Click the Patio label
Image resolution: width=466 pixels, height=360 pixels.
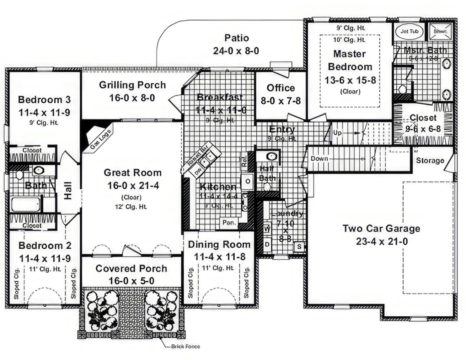pos(237,38)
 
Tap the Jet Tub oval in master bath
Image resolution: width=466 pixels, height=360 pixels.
pos(409,31)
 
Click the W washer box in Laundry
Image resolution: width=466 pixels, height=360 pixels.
pos(267,229)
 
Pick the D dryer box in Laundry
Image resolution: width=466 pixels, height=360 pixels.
pos(267,244)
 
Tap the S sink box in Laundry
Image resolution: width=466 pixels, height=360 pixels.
pos(299,246)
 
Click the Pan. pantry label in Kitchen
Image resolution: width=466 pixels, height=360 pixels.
pos(229,223)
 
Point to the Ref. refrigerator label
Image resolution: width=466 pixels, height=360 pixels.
pos(244,160)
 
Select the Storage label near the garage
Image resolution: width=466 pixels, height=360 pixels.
pos(430,161)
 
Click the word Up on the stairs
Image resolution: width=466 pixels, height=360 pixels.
pos(337,133)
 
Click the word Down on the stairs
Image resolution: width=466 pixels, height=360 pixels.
pos(319,159)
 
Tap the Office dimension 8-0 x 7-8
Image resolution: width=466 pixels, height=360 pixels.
pos(281,101)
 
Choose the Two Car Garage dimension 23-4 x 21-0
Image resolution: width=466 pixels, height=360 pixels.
pos(382,241)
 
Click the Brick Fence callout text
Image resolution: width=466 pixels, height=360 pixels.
pos(185,347)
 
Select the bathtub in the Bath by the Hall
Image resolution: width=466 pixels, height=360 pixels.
pos(26,204)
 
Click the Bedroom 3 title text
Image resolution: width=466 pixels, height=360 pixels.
pos(44,100)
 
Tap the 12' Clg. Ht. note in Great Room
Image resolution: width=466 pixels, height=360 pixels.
pos(131,207)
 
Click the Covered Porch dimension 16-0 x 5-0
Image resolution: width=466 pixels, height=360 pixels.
pos(131,281)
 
